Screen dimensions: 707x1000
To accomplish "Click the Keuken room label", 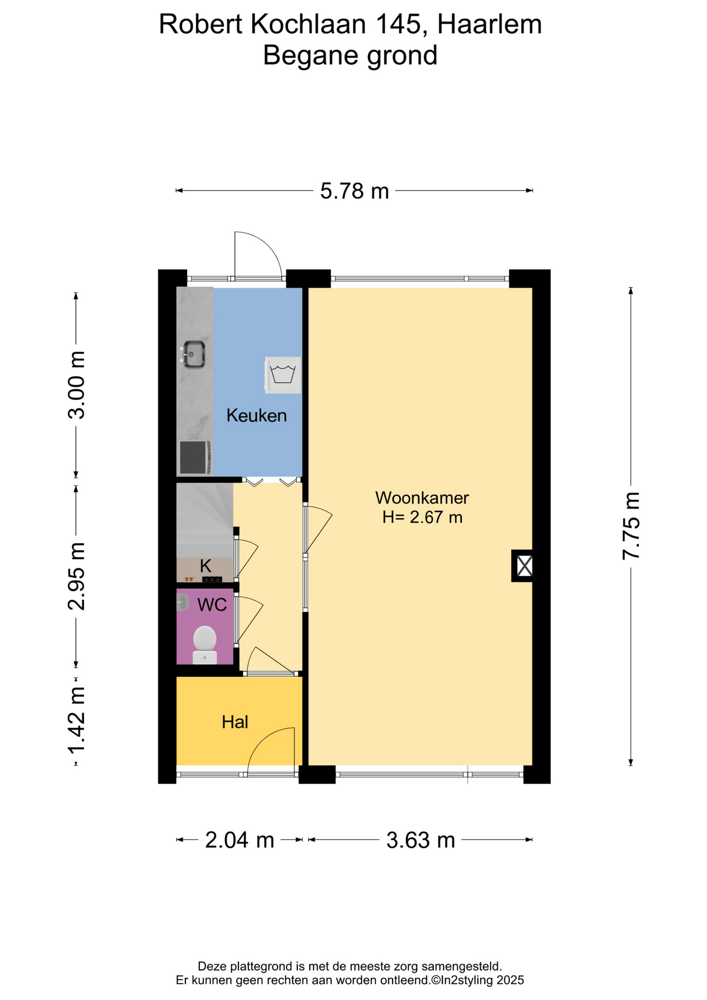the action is pyautogui.click(x=257, y=416).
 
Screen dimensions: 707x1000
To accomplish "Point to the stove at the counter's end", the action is pyautogui.click(x=195, y=458).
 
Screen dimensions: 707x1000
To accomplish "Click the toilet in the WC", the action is pyautogui.click(x=205, y=645).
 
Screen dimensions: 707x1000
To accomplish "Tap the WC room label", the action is pyautogui.click(x=212, y=605).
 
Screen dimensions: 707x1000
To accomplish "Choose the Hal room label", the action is pyautogui.click(x=235, y=722).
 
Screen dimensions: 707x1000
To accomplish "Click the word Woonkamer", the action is pyautogui.click(x=422, y=498).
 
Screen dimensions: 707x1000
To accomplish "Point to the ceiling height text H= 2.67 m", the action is pyautogui.click(x=422, y=517).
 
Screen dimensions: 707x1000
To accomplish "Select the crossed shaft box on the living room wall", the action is pyautogui.click(x=523, y=566).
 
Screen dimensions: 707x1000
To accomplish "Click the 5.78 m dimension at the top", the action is pyautogui.click(x=355, y=191).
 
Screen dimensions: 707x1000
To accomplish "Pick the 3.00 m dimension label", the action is pyautogui.click(x=77, y=385).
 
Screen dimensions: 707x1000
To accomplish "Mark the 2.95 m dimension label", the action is pyautogui.click(x=77, y=576).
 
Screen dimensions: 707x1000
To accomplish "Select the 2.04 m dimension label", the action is pyautogui.click(x=239, y=840).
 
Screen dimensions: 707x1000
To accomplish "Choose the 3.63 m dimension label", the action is pyautogui.click(x=421, y=840).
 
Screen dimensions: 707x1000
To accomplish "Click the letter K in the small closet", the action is pyautogui.click(x=206, y=566).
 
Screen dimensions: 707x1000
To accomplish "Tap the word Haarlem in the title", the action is pyautogui.click(x=489, y=24).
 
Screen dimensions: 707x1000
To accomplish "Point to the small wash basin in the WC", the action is pyautogui.click(x=182, y=603).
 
